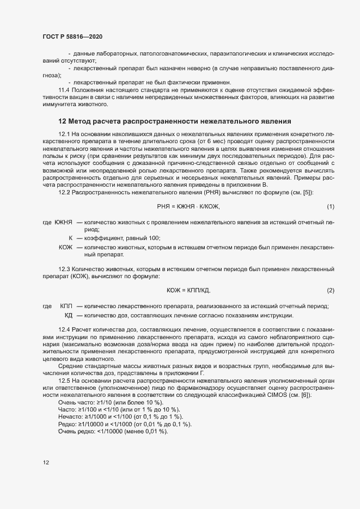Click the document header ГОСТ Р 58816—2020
[x=72, y=36]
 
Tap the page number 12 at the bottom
[x=46, y=463]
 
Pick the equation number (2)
[x=330, y=290]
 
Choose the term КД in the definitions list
[x=69, y=315]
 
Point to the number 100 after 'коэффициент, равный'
[x=154, y=238]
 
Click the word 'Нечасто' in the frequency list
[x=69, y=416]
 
